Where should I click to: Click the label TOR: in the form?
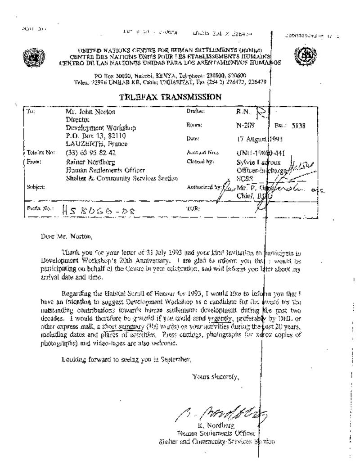[x=192, y=209]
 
